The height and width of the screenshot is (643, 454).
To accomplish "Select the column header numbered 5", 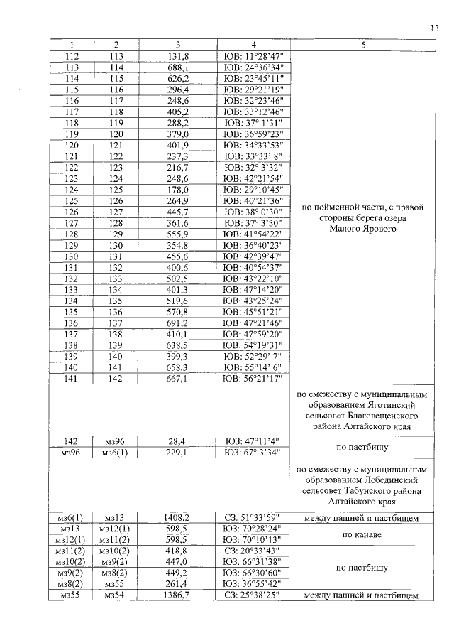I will coord(362,44).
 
